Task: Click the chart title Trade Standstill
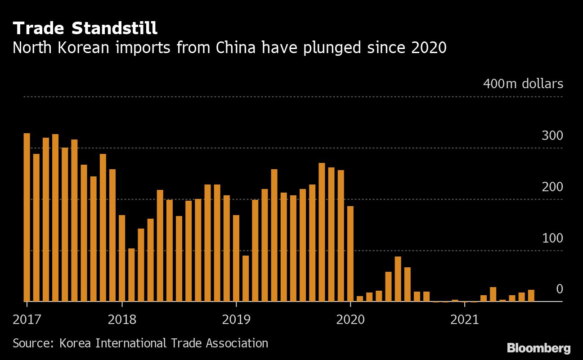tap(85, 28)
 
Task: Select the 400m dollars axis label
tap(523, 84)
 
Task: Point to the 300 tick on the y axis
tap(552, 135)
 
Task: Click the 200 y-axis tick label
tap(552, 187)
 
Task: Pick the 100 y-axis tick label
tap(552, 238)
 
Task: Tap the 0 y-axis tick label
tap(559, 289)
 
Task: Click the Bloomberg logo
tap(538, 348)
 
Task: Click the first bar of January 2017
tap(27, 217)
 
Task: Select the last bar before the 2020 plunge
tap(350, 253)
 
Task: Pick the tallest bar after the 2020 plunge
tap(398, 279)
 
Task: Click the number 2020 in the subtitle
tap(429, 47)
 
